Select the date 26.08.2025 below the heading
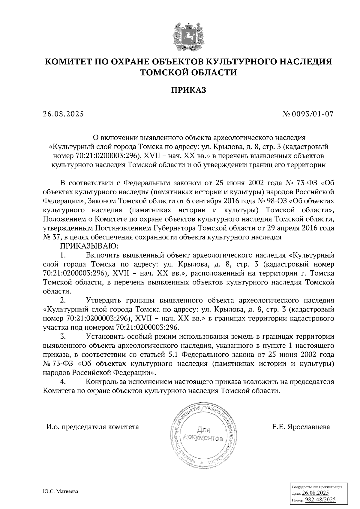pos(63,114)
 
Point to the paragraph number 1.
pos(63,255)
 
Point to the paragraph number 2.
pos(63,300)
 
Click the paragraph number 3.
pos(63,336)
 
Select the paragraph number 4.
pos(63,382)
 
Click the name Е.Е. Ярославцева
pos(301,427)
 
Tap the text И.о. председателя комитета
pos(92,427)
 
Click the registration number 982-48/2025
pos(320,500)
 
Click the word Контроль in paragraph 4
pos(101,382)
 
